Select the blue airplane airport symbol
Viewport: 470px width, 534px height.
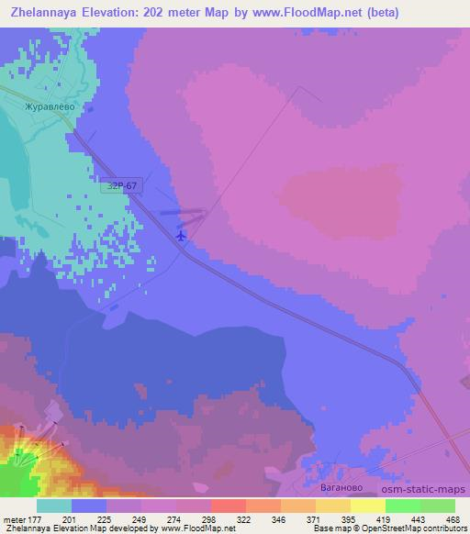click(181, 235)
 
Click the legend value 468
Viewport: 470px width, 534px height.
click(453, 519)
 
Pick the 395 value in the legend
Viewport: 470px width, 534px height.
click(321, 519)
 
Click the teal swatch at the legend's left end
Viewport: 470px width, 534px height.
click(54, 506)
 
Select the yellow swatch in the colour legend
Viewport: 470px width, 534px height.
click(368, 506)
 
